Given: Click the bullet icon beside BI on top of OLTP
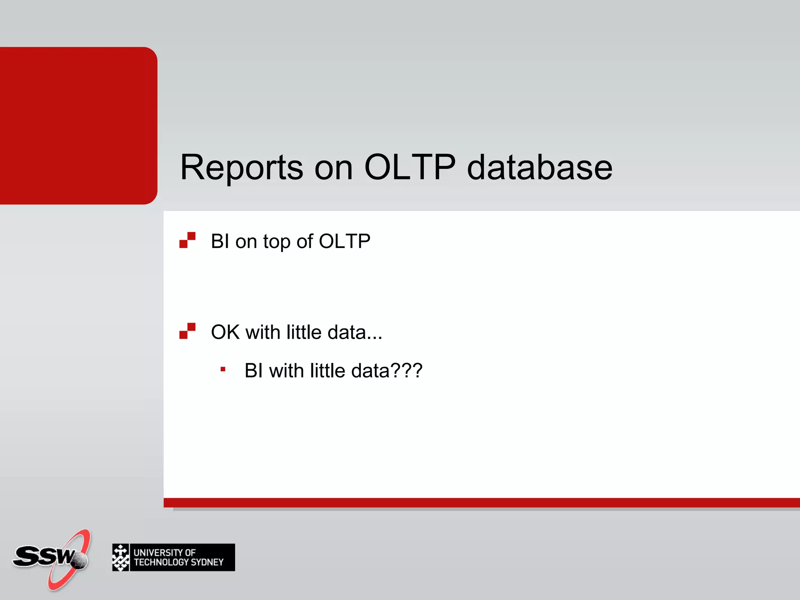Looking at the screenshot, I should (187, 240).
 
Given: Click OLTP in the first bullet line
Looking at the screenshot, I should (345, 241).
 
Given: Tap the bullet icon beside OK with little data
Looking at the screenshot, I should (187, 331).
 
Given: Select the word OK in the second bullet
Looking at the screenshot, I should (225, 332).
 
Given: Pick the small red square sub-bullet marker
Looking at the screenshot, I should (223, 369).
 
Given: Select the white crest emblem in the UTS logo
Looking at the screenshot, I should (121, 557).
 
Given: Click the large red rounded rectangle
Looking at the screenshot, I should (78, 125).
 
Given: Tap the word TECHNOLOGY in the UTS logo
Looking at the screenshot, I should (161, 562).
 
